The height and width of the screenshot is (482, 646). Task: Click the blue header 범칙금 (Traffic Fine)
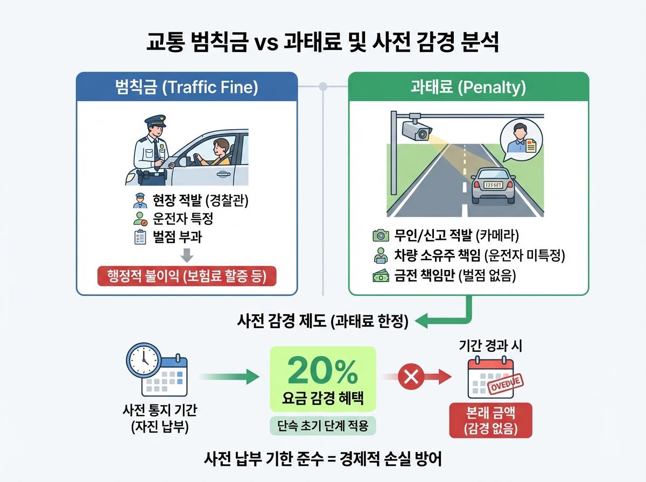coord(186,87)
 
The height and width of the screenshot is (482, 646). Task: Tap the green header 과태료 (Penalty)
coord(468,87)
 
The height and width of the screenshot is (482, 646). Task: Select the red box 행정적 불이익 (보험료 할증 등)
coord(186,277)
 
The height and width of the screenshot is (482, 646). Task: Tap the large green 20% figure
coord(322,370)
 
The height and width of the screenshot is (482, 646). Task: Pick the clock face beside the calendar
coord(143,359)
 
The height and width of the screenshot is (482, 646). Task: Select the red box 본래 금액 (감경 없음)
coord(490,420)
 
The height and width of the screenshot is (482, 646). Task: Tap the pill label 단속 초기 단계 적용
coord(322,426)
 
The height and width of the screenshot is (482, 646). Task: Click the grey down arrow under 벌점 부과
coord(187,254)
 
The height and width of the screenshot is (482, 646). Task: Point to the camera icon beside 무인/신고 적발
coord(381,235)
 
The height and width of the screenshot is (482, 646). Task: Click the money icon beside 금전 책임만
coord(381,276)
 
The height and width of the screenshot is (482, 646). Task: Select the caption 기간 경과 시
coord(490,346)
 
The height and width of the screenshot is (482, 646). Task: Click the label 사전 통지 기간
coord(160,411)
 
